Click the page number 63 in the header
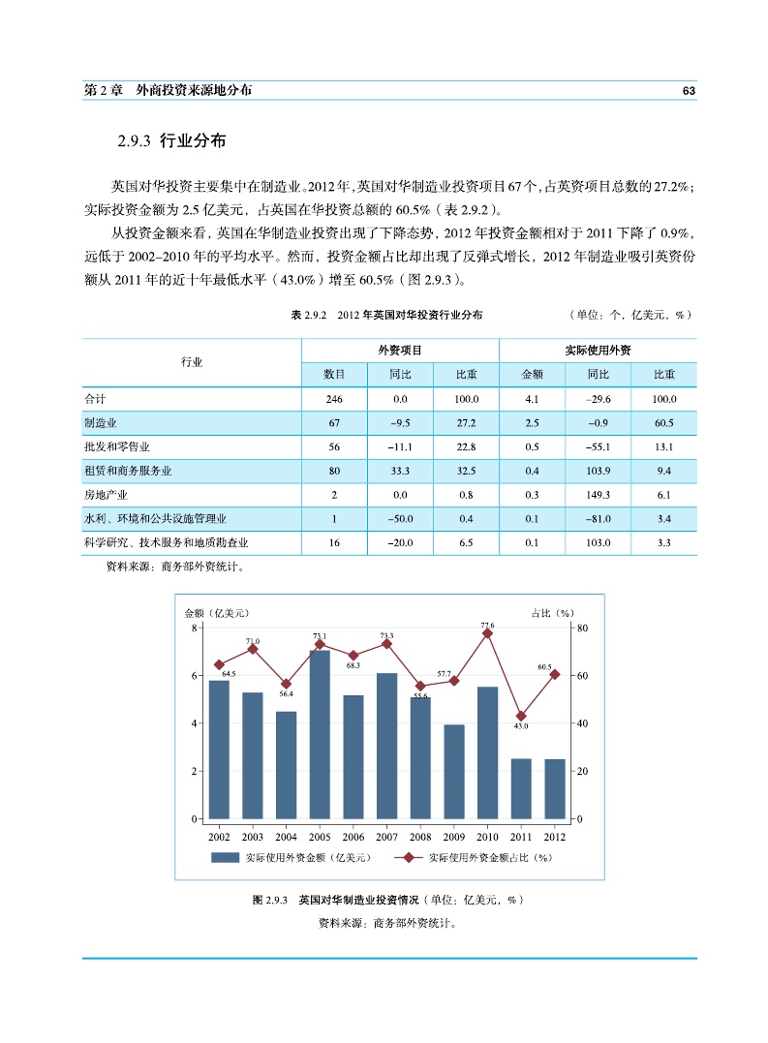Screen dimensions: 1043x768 click(689, 90)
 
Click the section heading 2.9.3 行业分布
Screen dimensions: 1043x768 click(170, 141)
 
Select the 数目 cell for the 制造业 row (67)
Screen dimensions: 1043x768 click(334, 423)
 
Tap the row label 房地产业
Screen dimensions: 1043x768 click(107, 495)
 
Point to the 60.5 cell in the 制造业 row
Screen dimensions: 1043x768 click(663, 423)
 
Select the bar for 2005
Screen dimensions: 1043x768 click(320, 734)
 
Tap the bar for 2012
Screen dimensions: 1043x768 click(555, 788)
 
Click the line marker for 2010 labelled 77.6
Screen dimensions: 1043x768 click(487, 633)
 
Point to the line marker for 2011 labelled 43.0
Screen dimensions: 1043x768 click(521, 716)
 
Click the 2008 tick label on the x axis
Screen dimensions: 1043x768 click(420, 837)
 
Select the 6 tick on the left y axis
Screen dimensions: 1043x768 click(197, 675)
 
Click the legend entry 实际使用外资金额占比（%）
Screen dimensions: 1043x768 click(489, 857)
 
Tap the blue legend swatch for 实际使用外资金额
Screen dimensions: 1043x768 click(225, 857)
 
